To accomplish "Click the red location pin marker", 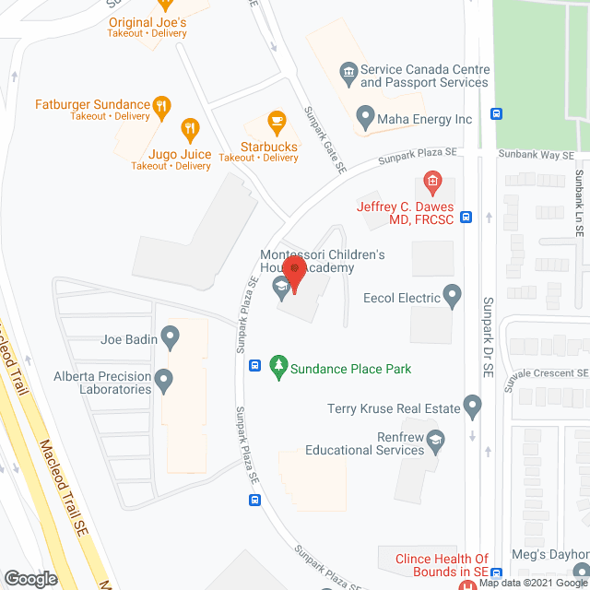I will pyautogui.click(x=294, y=273).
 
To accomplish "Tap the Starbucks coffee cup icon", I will pyautogui.click(x=275, y=122).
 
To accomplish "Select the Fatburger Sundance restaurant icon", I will pyautogui.click(x=161, y=104).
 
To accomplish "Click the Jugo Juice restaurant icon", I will pyautogui.click(x=190, y=130).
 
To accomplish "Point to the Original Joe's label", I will pyautogui.click(x=147, y=22).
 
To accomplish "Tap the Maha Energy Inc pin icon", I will pyautogui.click(x=365, y=119).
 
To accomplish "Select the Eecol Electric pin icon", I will pyautogui.click(x=452, y=296).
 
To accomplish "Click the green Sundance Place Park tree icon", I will pyautogui.click(x=277, y=368).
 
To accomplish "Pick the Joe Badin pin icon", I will pyautogui.click(x=170, y=337).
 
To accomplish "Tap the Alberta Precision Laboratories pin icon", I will pyautogui.click(x=164, y=377).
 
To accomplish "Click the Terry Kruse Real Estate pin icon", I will pyautogui.click(x=473, y=406).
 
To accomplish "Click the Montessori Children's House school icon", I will pyautogui.click(x=280, y=290).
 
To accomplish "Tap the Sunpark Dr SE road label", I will pyautogui.click(x=487, y=334).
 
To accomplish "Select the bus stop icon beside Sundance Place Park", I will pyautogui.click(x=254, y=364).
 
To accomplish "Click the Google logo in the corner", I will pyautogui.click(x=29, y=578).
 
